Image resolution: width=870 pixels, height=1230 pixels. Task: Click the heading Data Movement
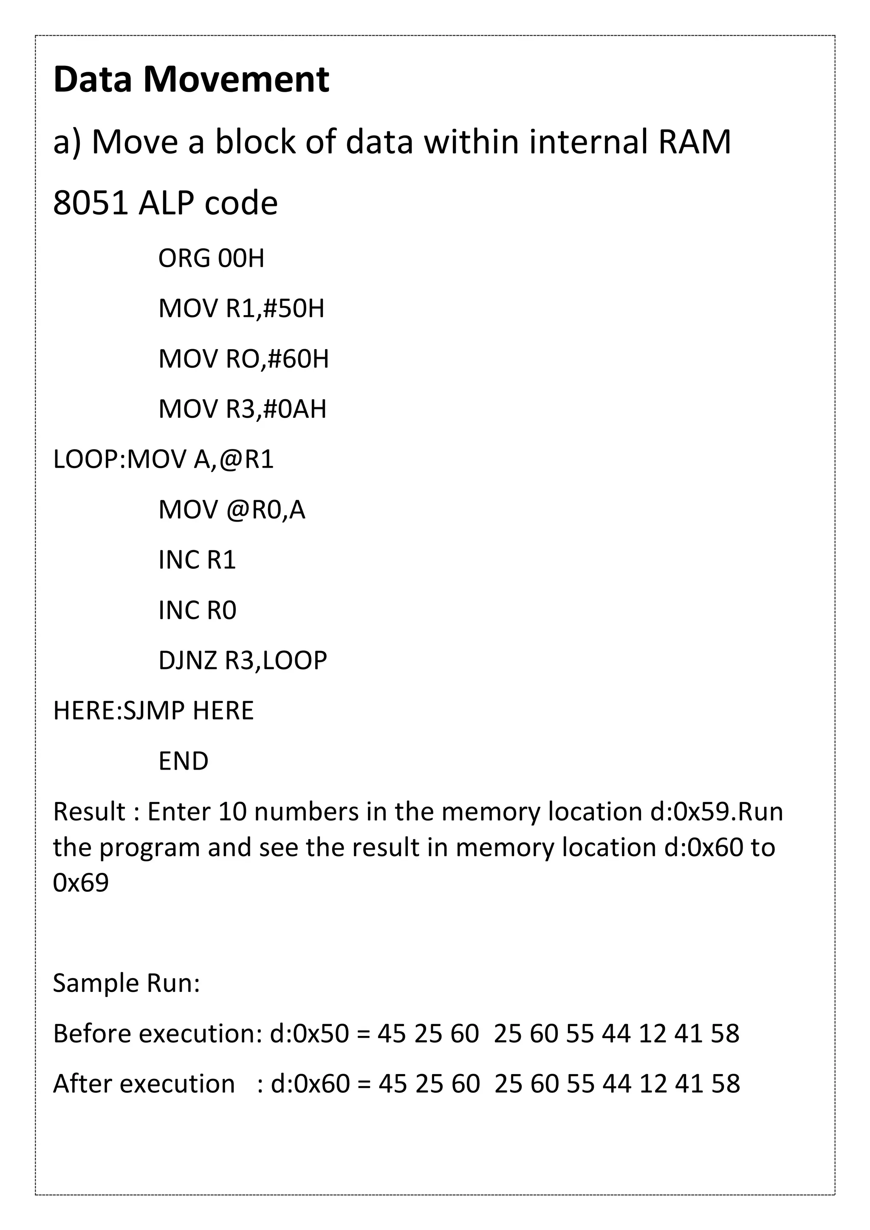click(191, 80)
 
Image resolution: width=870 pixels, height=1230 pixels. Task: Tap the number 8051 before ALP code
click(90, 203)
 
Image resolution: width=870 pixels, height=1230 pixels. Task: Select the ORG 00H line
click(211, 259)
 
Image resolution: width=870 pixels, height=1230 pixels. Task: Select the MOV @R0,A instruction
click(232, 510)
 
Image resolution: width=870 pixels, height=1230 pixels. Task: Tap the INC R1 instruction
click(197, 560)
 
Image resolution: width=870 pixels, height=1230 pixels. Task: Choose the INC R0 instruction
click(197, 611)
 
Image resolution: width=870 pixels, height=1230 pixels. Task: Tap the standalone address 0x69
click(81, 883)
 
